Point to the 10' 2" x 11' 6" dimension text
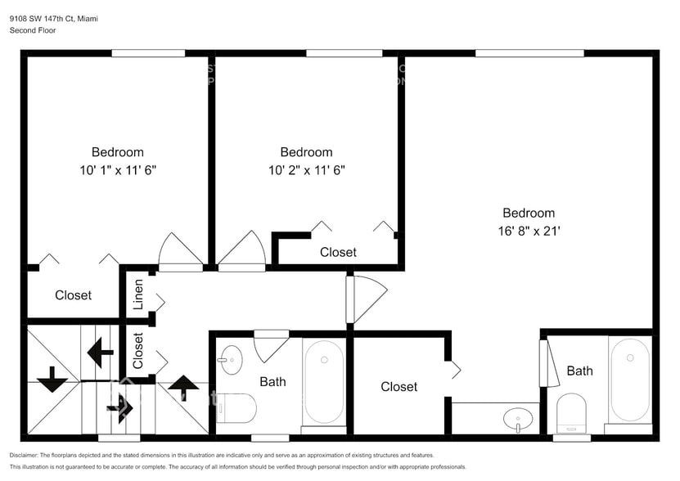306,170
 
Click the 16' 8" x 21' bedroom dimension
528,231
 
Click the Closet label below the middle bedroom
338,252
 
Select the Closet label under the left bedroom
73,294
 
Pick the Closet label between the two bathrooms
399,386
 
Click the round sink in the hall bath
230,358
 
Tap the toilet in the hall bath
237,407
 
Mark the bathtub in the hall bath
324,381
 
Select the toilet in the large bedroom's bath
571,412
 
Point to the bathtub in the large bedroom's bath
629,379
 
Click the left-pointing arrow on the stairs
100,353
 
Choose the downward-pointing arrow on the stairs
52,380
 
